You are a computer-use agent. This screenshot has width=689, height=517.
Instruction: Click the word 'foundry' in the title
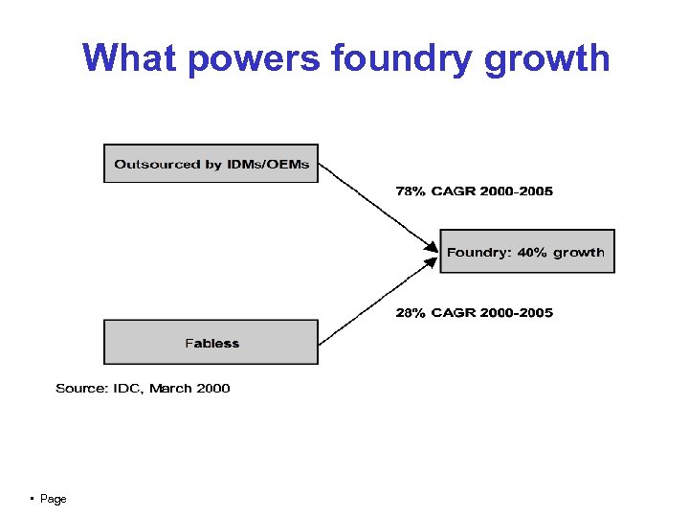(x=402, y=58)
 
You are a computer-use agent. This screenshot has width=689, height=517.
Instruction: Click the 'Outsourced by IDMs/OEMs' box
(x=211, y=164)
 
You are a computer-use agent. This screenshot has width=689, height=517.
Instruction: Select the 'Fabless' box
(x=211, y=343)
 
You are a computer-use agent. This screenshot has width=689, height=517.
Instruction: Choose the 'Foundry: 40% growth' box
(x=526, y=252)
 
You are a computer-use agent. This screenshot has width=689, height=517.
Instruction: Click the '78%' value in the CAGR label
(x=411, y=191)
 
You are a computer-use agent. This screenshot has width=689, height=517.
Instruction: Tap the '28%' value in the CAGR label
(x=411, y=313)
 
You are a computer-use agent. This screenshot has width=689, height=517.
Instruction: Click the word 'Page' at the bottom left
(x=54, y=500)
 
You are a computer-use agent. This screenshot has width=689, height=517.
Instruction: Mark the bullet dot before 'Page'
(x=33, y=499)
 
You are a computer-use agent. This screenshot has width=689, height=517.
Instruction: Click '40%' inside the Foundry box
(x=532, y=253)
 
